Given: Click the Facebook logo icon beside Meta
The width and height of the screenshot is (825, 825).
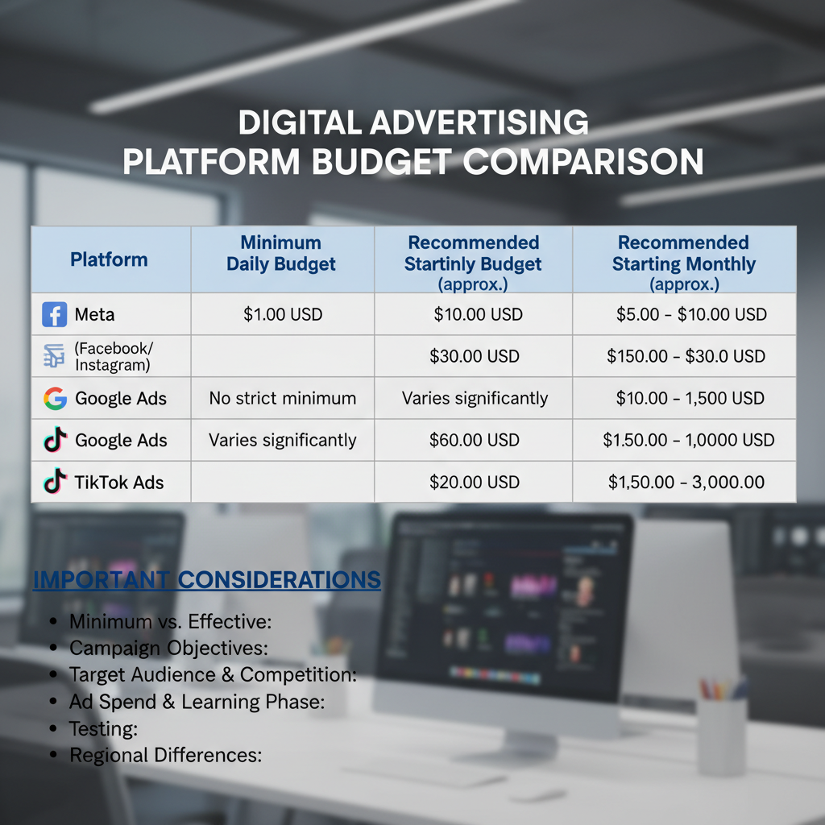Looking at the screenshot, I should [x=55, y=314].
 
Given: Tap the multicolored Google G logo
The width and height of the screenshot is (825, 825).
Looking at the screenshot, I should [x=55, y=398].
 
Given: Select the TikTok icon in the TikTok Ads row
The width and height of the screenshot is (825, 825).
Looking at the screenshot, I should [x=55, y=483].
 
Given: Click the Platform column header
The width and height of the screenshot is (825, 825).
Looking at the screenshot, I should [x=109, y=259].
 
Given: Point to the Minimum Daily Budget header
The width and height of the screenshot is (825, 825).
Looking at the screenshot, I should [x=281, y=253].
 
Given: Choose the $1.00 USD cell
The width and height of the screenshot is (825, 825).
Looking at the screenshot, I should [x=282, y=314].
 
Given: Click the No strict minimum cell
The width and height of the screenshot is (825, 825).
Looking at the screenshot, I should [x=282, y=398].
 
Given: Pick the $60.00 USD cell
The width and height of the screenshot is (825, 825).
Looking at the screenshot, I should [x=475, y=440].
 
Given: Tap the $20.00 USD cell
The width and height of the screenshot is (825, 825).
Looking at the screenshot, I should [x=475, y=483].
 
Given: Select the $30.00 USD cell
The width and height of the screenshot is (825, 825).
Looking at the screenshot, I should [x=475, y=356].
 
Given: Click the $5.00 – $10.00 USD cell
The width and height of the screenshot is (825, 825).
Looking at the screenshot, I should [x=691, y=314].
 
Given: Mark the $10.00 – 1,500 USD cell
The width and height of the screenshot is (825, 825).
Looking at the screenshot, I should [x=690, y=398].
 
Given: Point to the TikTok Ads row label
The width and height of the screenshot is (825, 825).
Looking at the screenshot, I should [x=119, y=483].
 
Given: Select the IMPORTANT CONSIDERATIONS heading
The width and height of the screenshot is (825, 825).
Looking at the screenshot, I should [x=206, y=580].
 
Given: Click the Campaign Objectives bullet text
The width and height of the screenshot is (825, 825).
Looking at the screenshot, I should [x=168, y=648].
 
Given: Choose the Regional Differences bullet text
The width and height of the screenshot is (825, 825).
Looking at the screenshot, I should [x=166, y=755].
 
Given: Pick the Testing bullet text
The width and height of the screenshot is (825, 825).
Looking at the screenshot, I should [x=104, y=728].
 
